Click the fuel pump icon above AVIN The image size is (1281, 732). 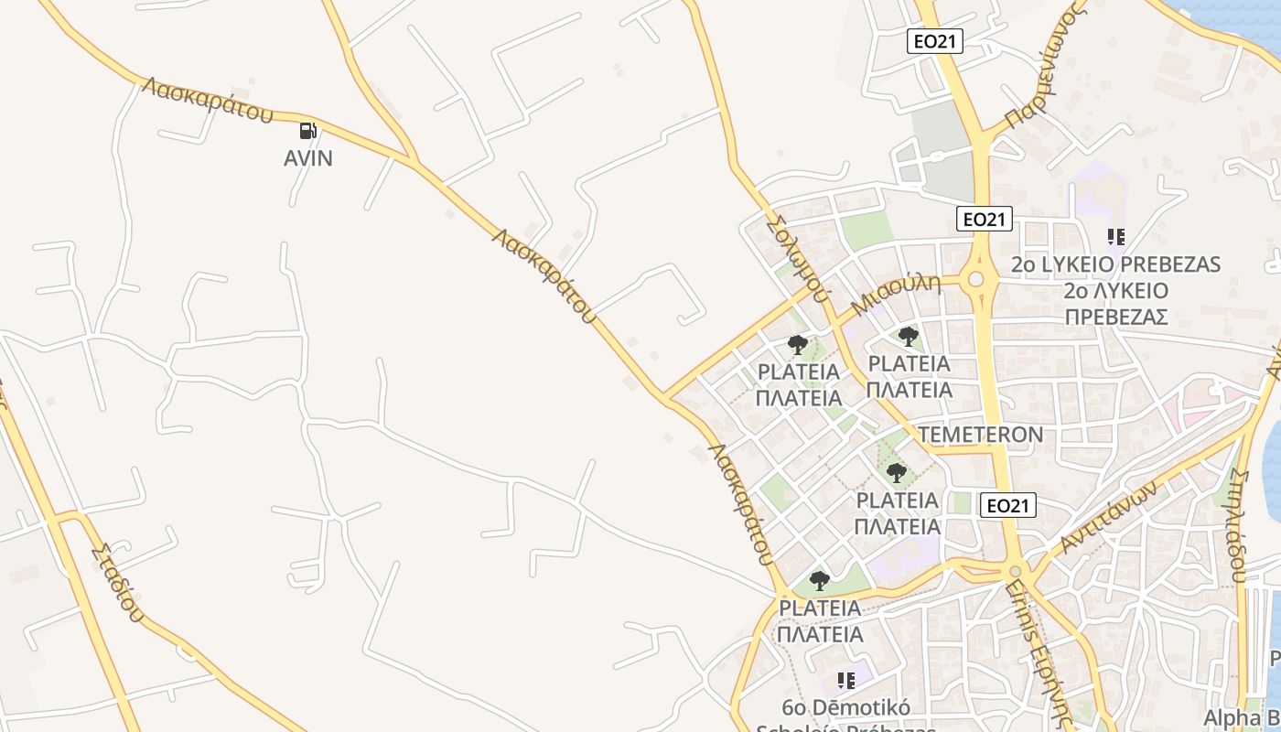309,132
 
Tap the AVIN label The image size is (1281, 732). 308,158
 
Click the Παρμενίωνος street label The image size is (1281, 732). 1044,65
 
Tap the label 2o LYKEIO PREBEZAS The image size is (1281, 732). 1115,264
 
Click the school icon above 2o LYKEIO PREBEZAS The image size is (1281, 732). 1115,238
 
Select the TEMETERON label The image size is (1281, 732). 980,434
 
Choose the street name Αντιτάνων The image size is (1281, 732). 1108,517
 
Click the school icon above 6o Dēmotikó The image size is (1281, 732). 846,680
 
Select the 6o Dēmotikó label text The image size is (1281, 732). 845,707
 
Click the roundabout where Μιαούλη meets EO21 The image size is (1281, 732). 975,279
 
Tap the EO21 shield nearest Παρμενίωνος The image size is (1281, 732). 935,40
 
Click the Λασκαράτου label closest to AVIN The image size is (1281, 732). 208,100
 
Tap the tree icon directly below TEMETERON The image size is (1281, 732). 897,473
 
